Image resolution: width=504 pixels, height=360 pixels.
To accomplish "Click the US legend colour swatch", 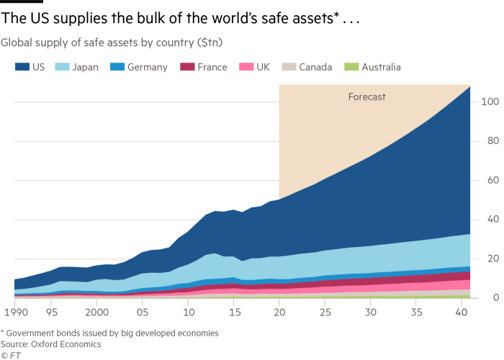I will [x=21, y=67].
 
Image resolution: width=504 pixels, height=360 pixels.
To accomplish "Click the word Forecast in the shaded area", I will [x=366, y=96].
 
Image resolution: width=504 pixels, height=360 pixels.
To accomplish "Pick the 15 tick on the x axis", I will [x=233, y=313].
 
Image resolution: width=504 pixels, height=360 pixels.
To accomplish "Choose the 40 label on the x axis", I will [x=461, y=313].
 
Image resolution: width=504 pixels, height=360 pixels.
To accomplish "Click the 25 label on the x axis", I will [x=325, y=313].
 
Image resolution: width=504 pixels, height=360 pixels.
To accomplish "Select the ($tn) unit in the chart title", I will [x=210, y=43].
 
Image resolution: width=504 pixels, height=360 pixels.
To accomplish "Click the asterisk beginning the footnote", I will [x=3, y=333].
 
